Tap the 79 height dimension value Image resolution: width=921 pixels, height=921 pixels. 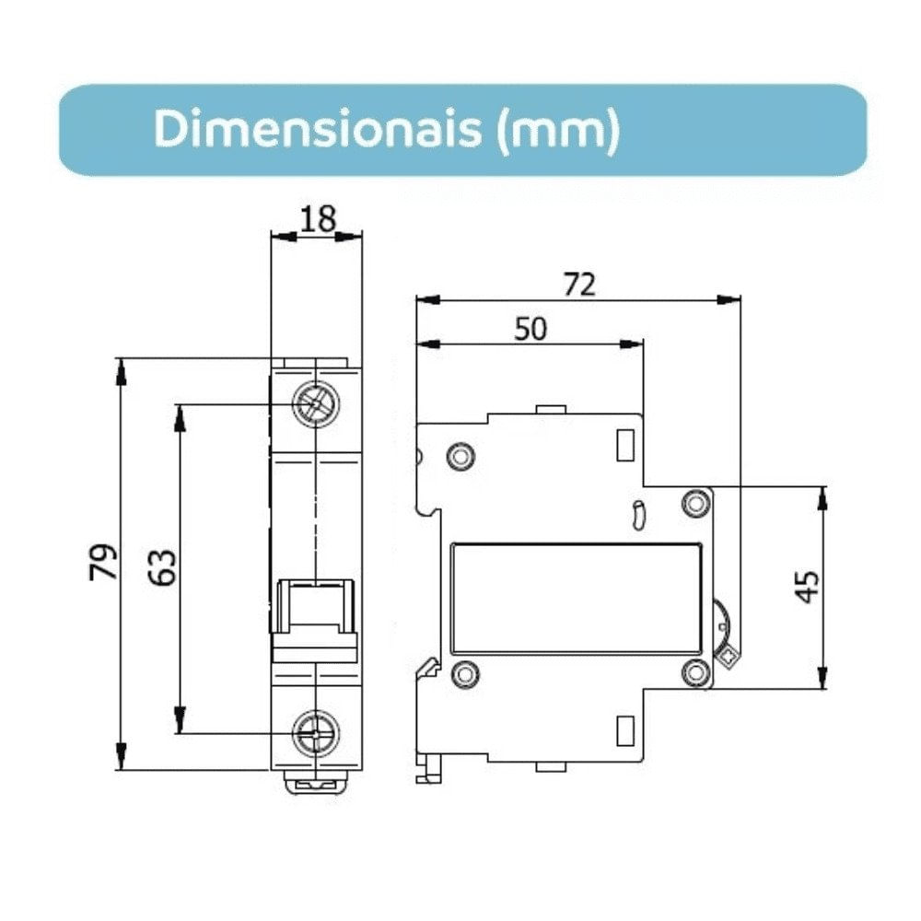pyautogui.click(x=103, y=562)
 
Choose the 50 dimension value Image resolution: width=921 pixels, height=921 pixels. pyautogui.click(x=530, y=328)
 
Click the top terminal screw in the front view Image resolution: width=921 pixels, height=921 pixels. pyautogui.click(x=316, y=403)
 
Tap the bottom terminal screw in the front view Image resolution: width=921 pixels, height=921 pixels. pyautogui.click(x=316, y=734)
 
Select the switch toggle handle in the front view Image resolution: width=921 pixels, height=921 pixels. pyautogui.click(x=316, y=608)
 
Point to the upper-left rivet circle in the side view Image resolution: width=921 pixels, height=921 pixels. pyautogui.click(x=460, y=456)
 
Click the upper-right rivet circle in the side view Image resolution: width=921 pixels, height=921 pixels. pyautogui.click(x=694, y=503)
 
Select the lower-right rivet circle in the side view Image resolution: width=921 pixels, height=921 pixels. pyautogui.click(x=694, y=673)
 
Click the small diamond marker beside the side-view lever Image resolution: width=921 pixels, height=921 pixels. pyautogui.click(x=728, y=657)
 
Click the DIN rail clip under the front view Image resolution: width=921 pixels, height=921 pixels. pyautogui.click(x=316, y=784)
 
